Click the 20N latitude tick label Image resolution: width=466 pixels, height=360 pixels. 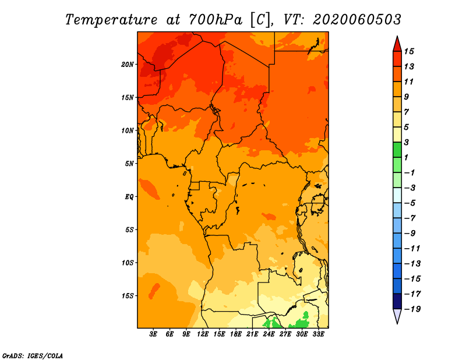128,65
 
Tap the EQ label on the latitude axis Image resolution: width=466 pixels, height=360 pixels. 129,197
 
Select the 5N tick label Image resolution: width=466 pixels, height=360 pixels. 129,164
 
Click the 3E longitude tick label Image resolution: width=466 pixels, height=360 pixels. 153,334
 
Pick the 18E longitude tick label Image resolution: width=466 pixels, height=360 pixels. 236,334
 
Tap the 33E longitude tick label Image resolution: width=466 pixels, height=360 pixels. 318,334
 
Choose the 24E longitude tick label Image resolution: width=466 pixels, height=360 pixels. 269,334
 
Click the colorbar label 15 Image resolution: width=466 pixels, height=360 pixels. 409,51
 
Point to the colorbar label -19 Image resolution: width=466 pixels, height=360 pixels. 412,309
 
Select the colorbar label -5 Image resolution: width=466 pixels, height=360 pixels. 410,203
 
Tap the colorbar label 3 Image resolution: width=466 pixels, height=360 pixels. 407,142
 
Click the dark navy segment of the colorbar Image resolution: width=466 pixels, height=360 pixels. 397,301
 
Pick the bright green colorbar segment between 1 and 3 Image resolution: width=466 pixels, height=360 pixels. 397,150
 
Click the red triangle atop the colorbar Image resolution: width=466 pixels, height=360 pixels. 397,45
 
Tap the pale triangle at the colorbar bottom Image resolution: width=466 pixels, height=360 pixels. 397,316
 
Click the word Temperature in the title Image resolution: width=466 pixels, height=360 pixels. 111,20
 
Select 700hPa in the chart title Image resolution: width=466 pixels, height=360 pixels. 216,20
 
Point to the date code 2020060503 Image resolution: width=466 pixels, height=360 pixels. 357,20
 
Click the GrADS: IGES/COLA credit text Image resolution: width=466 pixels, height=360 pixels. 33,356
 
